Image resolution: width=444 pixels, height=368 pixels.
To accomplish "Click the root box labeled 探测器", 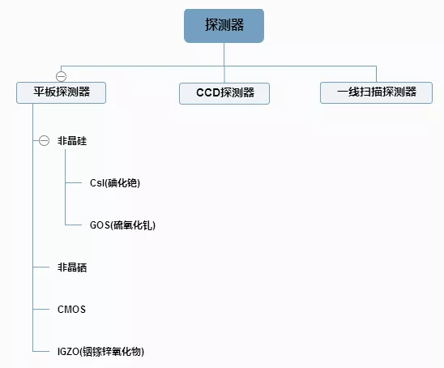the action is pyautogui.click(x=224, y=26).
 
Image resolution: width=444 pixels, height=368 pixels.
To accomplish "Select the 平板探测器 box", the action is pyautogui.click(x=61, y=92).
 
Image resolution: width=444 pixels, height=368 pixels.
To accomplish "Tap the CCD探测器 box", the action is pyautogui.click(x=224, y=93).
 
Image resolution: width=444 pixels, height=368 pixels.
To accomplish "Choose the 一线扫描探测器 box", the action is pyautogui.click(x=376, y=92).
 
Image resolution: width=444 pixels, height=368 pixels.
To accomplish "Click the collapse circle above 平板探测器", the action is pyautogui.click(x=61, y=76).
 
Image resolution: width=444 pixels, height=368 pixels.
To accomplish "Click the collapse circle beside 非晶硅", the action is pyautogui.click(x=44, y=140).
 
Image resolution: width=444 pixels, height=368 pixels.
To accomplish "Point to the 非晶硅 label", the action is pyautogui.click(x=72, y=141).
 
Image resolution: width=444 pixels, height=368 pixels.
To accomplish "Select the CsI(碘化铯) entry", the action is pyautogui.click(x=115, y=183).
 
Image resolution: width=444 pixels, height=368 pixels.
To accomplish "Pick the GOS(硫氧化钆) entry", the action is pyautogui.click(x=122, y=225).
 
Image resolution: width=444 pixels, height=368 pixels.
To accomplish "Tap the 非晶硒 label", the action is pyautogui.click(x=72, y=267).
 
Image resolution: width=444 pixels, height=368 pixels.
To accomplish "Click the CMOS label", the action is pyautogui.click(x=71, y=310).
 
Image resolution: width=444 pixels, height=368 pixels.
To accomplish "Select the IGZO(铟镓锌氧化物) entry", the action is pyautogui.click(x=100, y=352).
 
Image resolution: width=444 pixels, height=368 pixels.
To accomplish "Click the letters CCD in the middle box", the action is pyautogui.click(x=208, y=93).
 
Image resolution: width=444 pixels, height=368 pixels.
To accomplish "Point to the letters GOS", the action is pyautogui.click(x=100, y=225).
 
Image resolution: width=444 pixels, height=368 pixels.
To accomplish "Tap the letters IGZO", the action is pyautogui.click(x=68, y=352).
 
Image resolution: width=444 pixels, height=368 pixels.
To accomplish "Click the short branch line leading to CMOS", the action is pyautogui.click(x=41, y=310).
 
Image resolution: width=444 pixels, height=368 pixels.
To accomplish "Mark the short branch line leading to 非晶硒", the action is pyautogui.click(x=41, y=267).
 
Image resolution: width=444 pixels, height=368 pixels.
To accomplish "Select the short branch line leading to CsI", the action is pyautogui.click(x=74, y=182).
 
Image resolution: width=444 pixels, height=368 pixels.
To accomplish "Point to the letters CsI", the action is pyautogui.click(x=97, y=183).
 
